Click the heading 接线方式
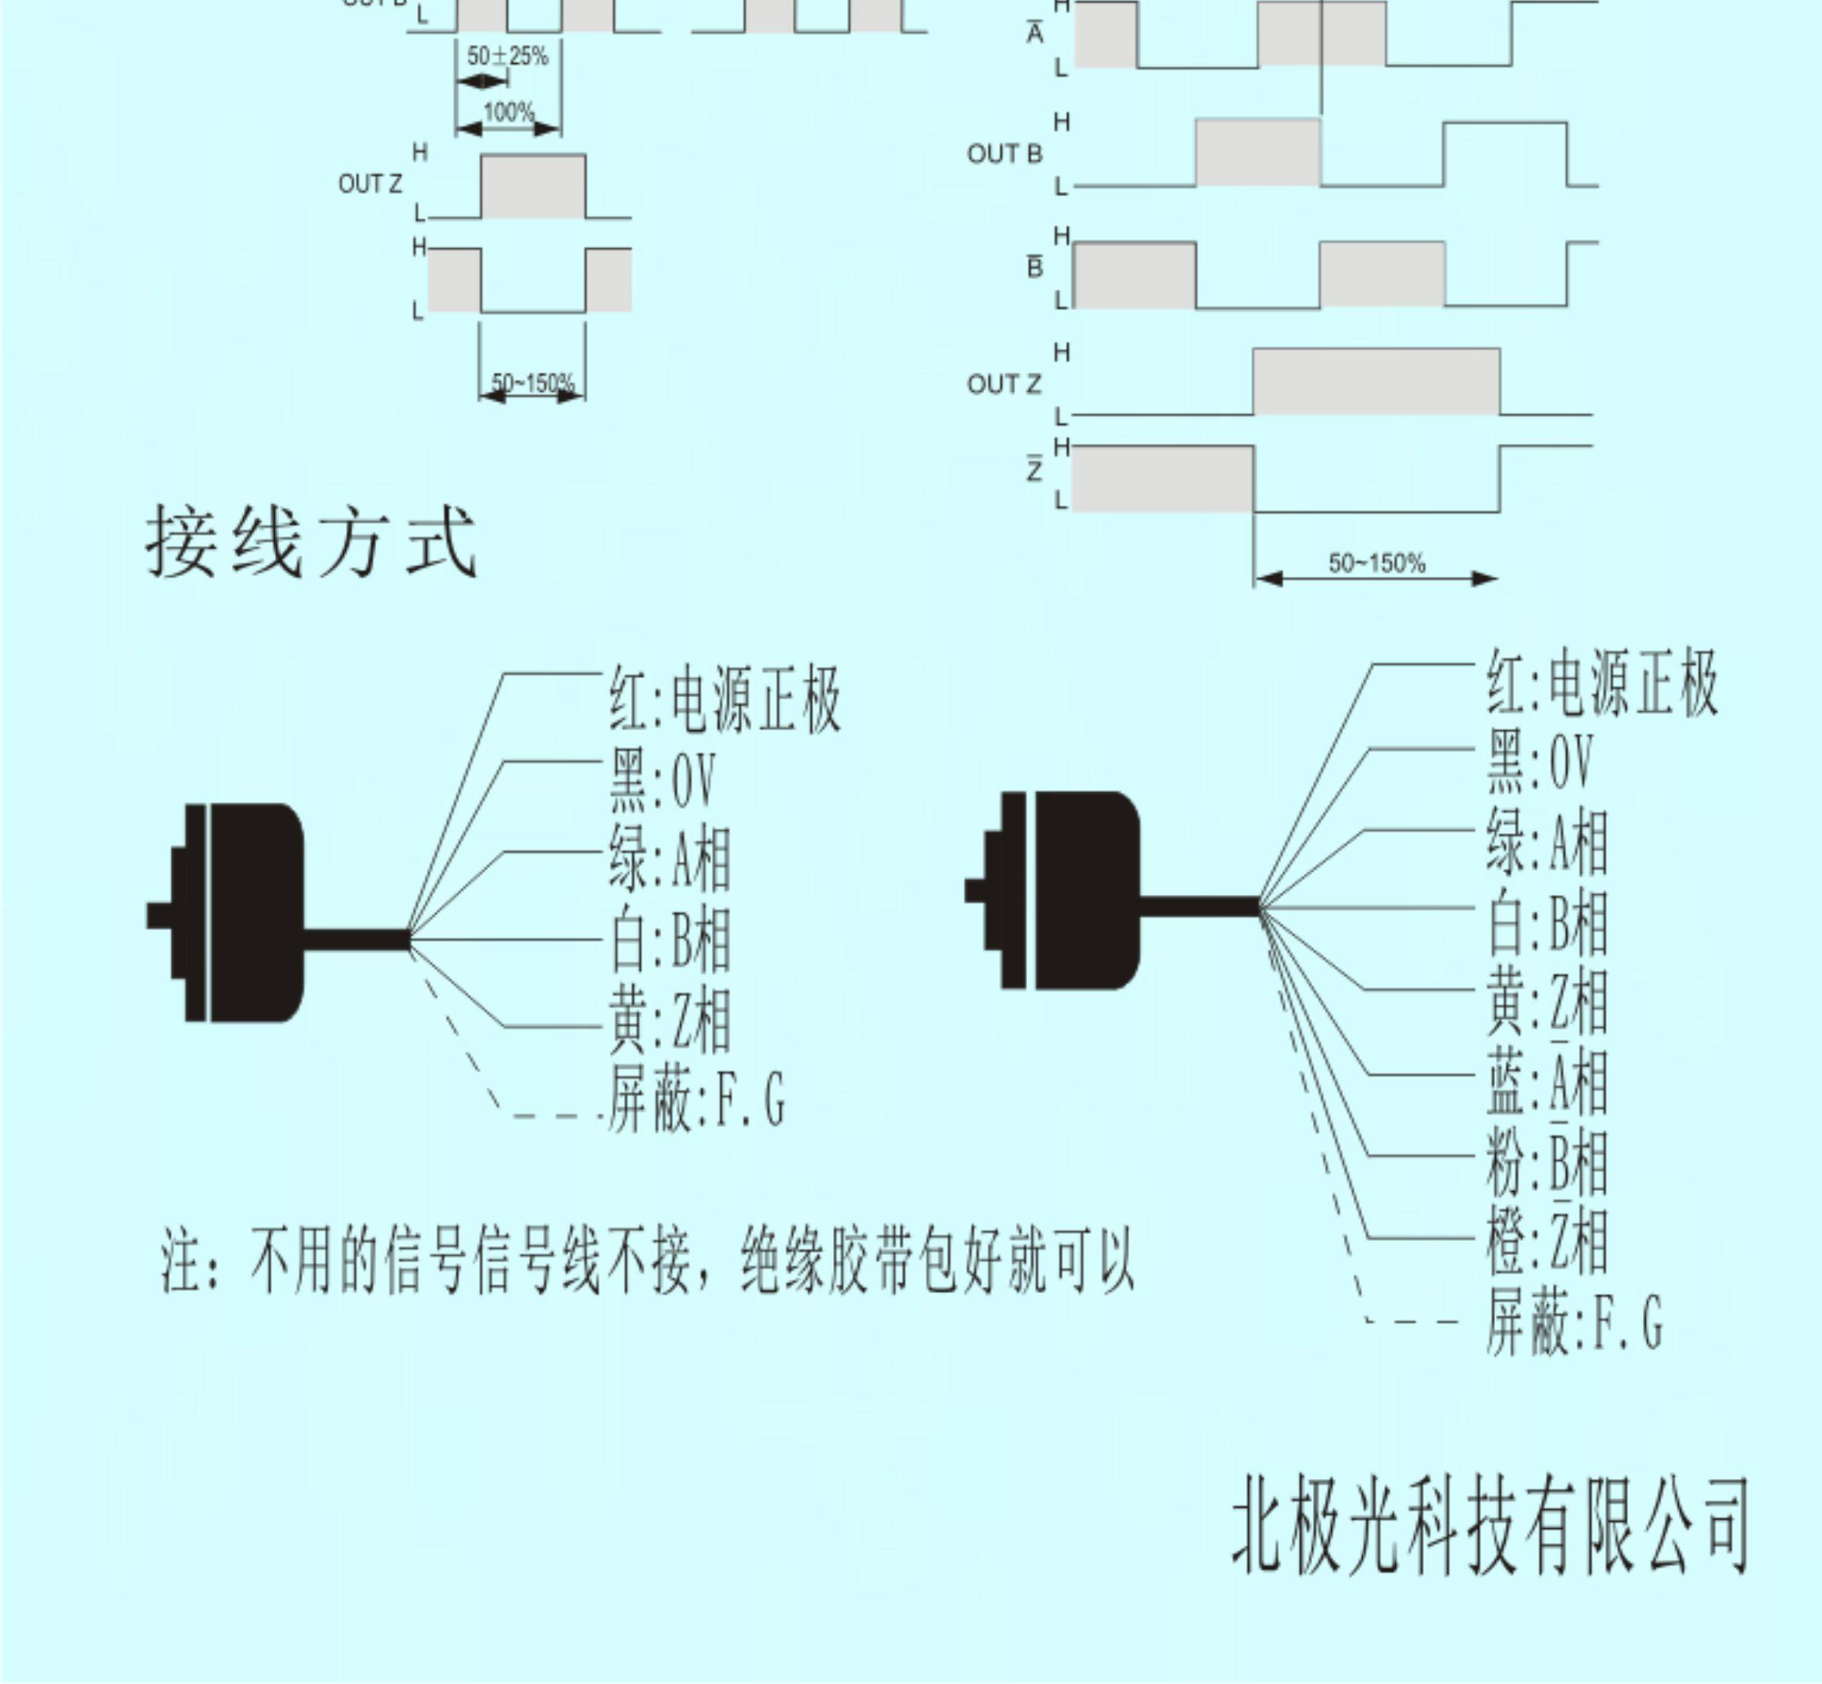click(311, 543)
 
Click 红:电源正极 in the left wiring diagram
click(724, 700)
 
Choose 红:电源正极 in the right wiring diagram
click(1602, 683)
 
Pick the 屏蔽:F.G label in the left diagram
click(696, 1101)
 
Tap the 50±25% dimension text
click(508, 57)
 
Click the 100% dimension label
click(508, 113)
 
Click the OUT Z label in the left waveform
click(370, 184)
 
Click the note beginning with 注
click(647, 1262)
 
